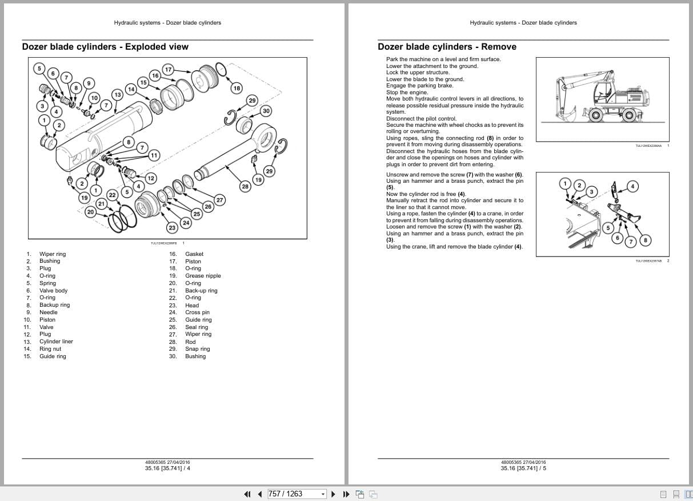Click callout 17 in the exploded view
point(168,69)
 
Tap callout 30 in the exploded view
point(266,110)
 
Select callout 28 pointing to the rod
point(245,186)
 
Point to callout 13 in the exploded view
point(118,94)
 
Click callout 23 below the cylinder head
point(172,227)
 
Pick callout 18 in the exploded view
point(237,88)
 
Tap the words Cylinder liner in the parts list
point(56,342)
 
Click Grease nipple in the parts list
point(203,275)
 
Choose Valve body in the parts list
point(53,290)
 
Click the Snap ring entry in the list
point(197,349)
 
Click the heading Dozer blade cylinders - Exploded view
point(105,47)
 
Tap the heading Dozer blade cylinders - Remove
point(447,47)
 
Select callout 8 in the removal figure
point(646,240)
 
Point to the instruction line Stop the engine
point(407,92)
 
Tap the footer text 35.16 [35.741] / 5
point(523,468)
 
